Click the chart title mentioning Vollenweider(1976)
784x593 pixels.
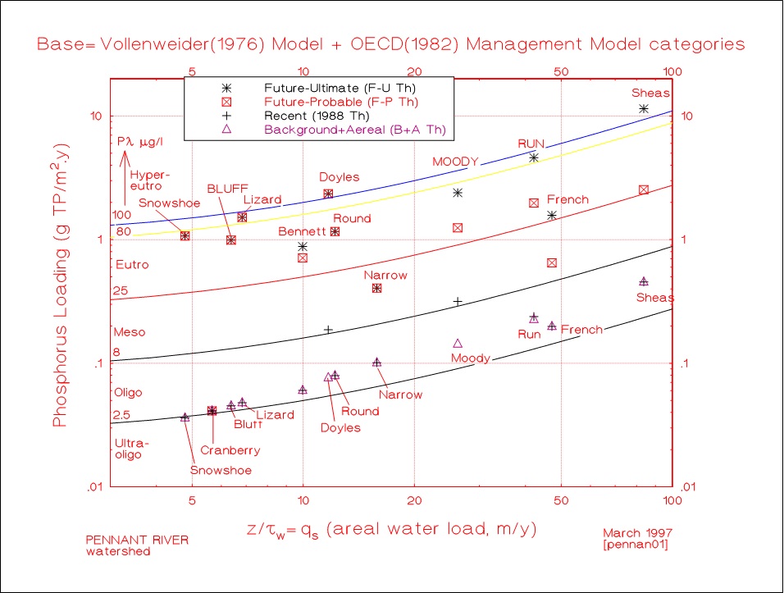click(x=391, y=44)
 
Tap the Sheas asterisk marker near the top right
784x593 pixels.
click(x=644, y=109)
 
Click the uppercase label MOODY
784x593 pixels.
click(x=455, y=161)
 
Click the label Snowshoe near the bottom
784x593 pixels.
click(x=221, y=471)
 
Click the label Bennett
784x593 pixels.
click(x=302, y=231)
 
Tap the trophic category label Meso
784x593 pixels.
click(x=130, y=332)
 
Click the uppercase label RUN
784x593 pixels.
click(x=531, y=143)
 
